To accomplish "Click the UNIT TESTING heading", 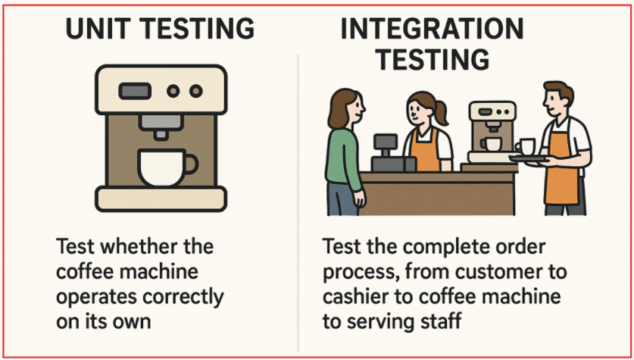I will (x=160, y=30).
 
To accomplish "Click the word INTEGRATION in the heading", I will (x=432, y=30).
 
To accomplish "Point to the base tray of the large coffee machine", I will (x=160, y=199).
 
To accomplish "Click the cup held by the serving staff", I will (x=526, y=147).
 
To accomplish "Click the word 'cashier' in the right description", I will (x=355, y=297).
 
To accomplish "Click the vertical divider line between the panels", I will (x=299, y=189).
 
